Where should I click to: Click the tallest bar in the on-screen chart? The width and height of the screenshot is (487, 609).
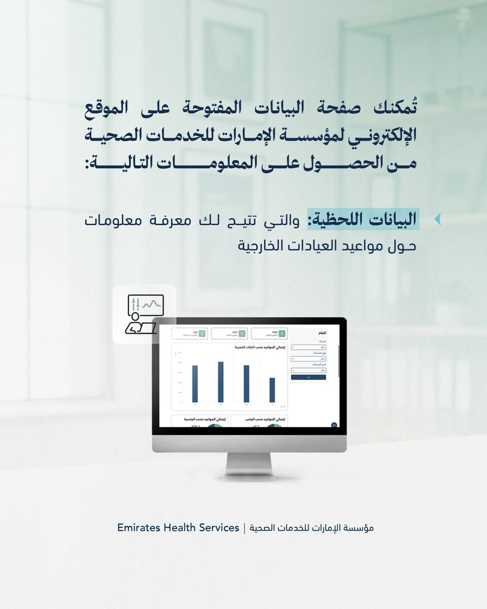point(221,382)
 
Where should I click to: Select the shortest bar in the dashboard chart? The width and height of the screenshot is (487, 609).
point(272,390)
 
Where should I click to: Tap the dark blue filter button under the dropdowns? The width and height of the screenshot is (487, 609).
point(309,377)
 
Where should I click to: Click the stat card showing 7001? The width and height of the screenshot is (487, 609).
point(269,333)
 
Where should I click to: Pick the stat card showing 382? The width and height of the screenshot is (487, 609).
point(190,333)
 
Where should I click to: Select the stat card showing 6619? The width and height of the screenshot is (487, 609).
point(229,333)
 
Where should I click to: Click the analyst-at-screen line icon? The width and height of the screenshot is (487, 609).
point(144,314)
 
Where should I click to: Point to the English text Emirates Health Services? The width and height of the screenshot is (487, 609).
point(178,528)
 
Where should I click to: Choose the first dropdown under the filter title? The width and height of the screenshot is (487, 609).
point(309,347)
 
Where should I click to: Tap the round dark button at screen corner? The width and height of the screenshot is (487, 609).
point(334,425)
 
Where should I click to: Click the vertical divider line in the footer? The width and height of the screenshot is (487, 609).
point(245,528)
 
